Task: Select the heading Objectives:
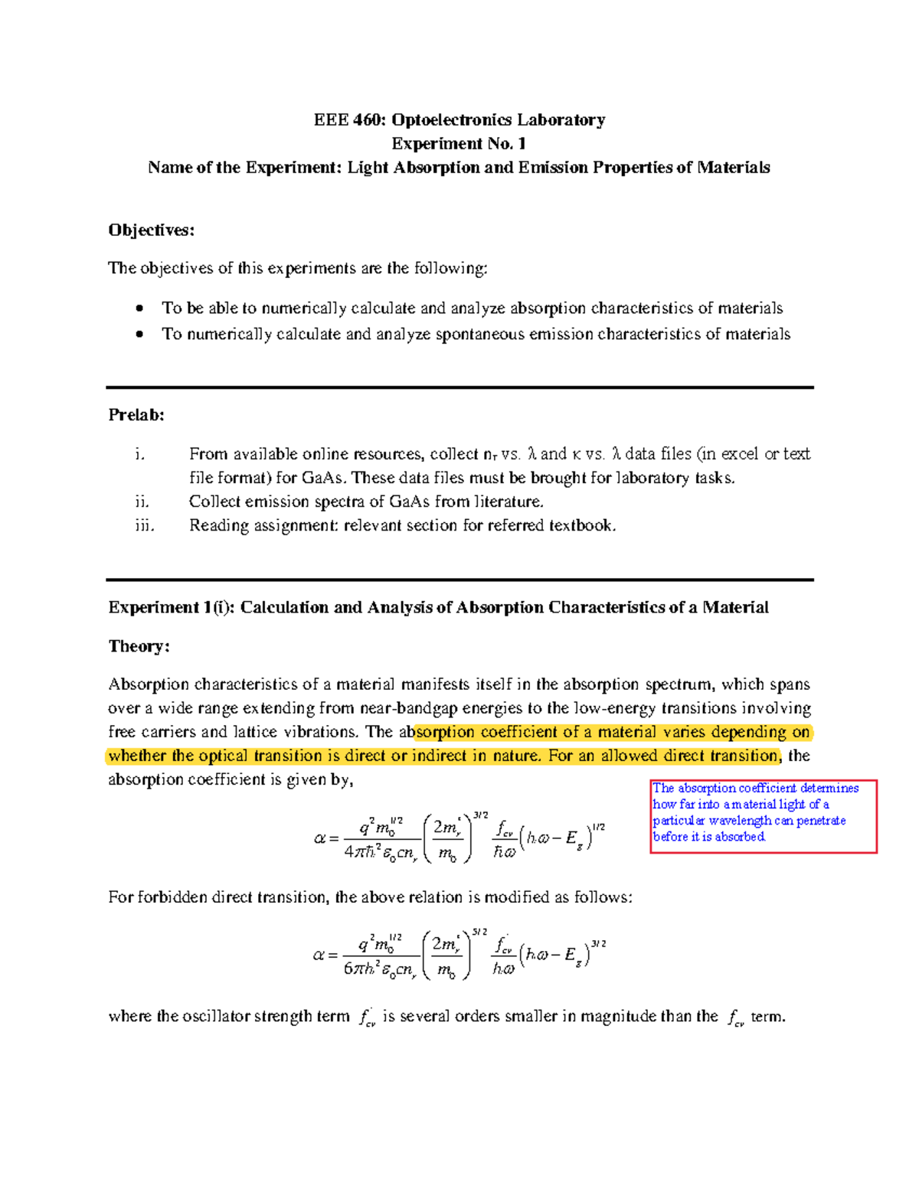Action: coord(152,230)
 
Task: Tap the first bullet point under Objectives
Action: coord(139,309)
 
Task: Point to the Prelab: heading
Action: coord(136,415)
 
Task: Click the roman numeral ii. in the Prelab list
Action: coord(142,502)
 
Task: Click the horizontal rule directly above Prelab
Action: coord(459,387)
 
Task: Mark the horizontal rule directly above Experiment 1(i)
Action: coord(459,580)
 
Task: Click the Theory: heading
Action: coord(139,646)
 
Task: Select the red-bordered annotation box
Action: coord(763,816)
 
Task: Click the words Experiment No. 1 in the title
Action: coord(459,144)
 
